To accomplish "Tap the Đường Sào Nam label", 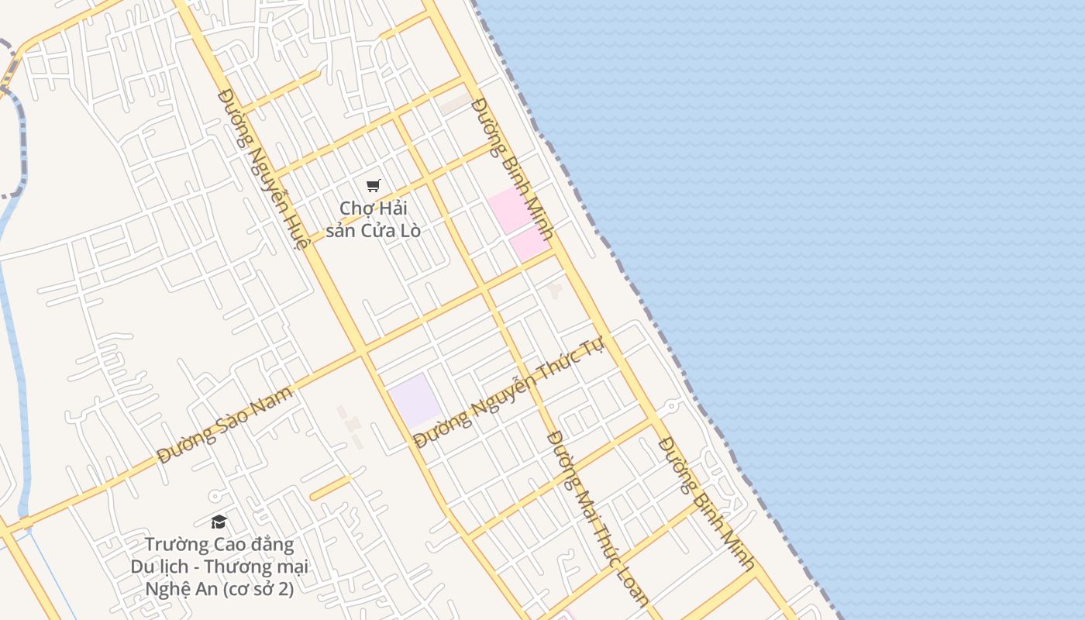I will (226, 423).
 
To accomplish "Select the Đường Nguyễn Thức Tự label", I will (508, 393).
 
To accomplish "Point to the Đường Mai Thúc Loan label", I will (598, 517).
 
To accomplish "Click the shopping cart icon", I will (374, 185).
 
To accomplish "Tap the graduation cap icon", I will (219, 522).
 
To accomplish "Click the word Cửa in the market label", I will (377, 231).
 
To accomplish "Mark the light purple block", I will (415, 398).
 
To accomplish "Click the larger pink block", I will (510, 209).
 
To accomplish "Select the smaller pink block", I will (531, 245).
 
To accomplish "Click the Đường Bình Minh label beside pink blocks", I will (512, 167).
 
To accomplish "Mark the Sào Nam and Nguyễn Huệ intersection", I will (360, 353).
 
